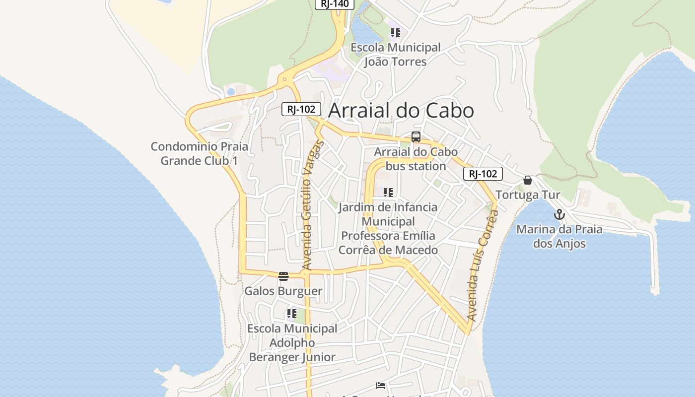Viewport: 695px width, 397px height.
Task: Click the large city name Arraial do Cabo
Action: point(401,110)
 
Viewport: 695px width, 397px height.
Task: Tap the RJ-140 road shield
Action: point(335,4)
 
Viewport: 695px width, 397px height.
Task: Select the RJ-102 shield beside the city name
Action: point(301,109)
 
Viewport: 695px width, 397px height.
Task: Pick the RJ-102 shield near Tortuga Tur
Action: point(483,174)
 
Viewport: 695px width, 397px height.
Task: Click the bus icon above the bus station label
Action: point(416,137)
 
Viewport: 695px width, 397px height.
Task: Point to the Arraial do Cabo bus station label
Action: point(416,159)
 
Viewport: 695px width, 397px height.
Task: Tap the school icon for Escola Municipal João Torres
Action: point(395,33)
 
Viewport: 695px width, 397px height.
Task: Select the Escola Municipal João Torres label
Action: point(396,55)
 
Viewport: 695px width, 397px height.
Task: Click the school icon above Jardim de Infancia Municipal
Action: point(388,193)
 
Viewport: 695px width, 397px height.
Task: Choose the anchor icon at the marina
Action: point(559,214)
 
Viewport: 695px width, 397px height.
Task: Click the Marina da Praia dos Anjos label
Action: point(559,237)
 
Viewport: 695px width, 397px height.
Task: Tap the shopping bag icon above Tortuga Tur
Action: point(528,180)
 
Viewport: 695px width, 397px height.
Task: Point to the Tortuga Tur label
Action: point(528,195)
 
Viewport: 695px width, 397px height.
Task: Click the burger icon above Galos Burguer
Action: point(283,276)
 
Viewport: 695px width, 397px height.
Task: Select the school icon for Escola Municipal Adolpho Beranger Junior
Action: point(291,314)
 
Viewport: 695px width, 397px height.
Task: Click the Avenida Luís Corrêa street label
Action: point(483,265)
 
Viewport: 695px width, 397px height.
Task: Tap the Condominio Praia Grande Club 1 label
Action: point(200,154)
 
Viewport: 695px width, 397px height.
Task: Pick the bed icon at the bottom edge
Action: point(381,386)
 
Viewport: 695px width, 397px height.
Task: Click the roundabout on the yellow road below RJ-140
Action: point(284,79)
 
